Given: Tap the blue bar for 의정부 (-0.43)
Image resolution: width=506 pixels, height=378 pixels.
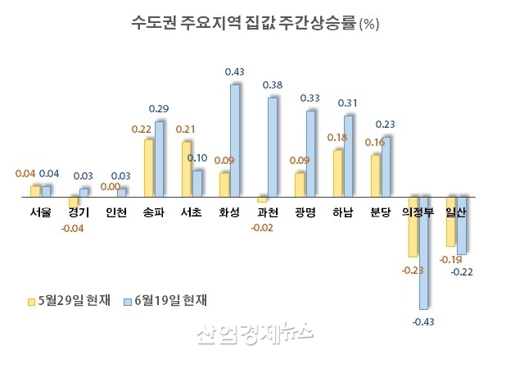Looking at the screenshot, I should (x=422, y=253).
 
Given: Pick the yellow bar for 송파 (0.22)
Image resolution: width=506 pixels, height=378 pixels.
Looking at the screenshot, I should (x=149, y=168).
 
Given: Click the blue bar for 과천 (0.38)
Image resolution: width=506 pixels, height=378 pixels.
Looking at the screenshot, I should (x=273, y=148).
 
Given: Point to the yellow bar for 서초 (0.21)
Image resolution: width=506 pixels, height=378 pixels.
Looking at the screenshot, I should (x=187, y=169).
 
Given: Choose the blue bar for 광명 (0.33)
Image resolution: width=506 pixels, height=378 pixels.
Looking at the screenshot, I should (x=310, y=154).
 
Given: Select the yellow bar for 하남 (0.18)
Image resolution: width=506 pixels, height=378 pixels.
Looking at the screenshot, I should (x=337, y=174).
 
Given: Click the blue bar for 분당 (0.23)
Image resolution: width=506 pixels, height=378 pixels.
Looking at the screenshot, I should (x=386, y=166).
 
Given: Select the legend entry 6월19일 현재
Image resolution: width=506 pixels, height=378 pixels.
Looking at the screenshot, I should (x=167, y=300).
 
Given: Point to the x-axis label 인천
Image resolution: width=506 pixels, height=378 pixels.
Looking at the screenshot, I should (x=116, y=212).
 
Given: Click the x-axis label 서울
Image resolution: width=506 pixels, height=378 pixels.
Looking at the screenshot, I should (x=39, y=212).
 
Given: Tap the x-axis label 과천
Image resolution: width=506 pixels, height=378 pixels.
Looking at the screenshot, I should (x=268, y=212).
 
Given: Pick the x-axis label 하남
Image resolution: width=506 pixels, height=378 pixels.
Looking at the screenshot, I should (x=344, y=212).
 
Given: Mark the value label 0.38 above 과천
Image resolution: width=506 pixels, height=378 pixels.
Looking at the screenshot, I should (x=273, y=85).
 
